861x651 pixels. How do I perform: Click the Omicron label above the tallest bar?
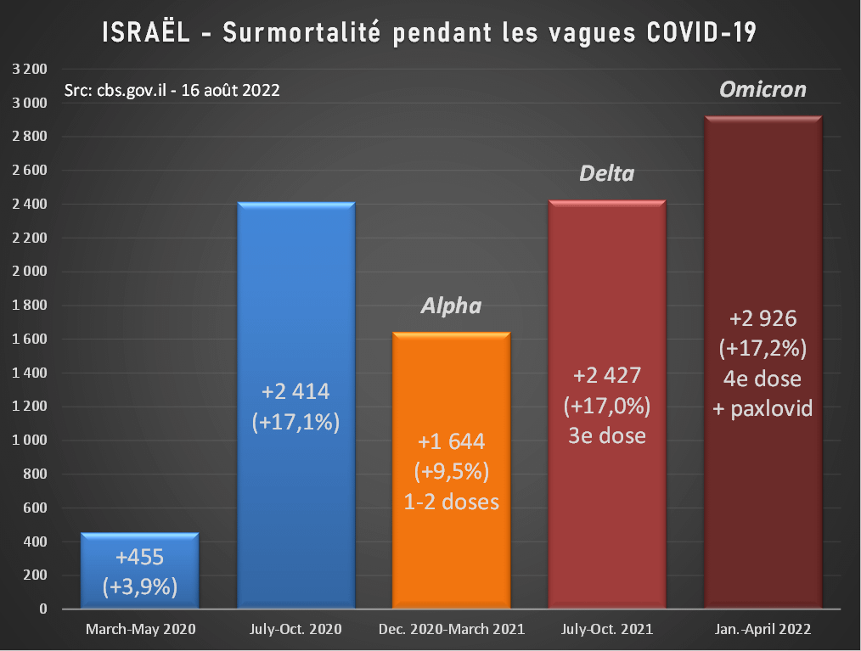(763, 89)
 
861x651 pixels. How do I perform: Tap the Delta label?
(606, 174)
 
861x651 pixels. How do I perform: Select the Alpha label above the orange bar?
(451, 306)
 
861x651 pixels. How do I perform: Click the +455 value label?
(139, 558)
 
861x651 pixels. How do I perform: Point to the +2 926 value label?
(763, 320)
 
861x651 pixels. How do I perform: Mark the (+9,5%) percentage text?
(451, 472)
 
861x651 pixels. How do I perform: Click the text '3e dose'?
(607, 435)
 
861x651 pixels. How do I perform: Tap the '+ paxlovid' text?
(763, 408)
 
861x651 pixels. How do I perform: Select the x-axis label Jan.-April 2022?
(763, 630)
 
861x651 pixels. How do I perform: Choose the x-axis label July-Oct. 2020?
(295, 630)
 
